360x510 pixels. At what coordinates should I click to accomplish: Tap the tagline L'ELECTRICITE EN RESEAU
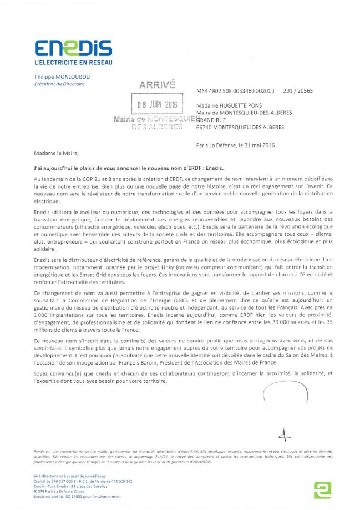point(73,63)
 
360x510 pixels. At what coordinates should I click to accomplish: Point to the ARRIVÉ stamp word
point(157,85)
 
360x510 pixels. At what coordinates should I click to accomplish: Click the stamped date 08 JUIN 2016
point(161,104)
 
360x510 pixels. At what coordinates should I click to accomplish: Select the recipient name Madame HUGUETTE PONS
point(225,104)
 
